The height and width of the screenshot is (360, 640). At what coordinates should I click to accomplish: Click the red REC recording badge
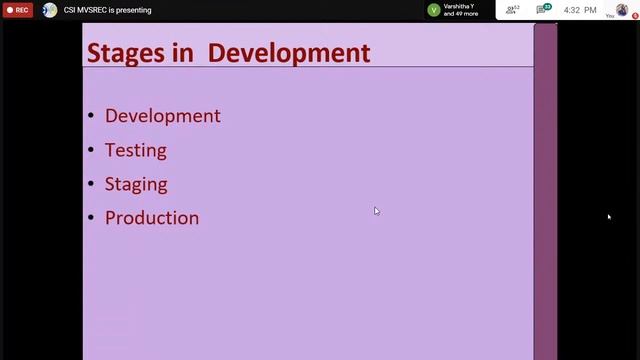pos(18,10)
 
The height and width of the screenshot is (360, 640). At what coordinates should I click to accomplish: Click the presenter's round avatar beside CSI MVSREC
pos(50,10)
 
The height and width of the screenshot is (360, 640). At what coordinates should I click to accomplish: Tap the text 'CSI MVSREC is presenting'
pos(107,10)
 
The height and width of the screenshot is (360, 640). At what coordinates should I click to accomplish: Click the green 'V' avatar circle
pos(433,10)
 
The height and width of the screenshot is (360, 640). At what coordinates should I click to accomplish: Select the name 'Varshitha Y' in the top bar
pos(459,6)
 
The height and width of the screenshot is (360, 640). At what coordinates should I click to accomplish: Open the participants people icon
pos(512,10)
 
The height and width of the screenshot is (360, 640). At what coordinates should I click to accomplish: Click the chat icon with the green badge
pos(543,10)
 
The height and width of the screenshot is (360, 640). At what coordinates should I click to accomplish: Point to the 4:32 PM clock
pos(580,10)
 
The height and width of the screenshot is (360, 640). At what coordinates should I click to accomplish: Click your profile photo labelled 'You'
pos(621,10)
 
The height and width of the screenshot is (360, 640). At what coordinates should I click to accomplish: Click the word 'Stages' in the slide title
pos(125,52)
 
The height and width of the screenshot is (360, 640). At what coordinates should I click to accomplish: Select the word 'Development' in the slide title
pos(289,52)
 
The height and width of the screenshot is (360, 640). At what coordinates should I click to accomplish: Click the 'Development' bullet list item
pos(162,116)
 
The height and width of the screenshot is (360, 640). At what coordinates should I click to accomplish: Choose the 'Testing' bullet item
pos(135,150)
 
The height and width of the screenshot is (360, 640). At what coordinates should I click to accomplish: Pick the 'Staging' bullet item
pos(135,184)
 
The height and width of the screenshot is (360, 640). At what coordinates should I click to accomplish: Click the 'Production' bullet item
pos(151,218)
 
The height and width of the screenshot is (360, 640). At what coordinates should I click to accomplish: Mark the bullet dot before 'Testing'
pos(91,150)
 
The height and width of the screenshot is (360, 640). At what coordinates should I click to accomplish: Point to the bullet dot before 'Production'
pos(91,218)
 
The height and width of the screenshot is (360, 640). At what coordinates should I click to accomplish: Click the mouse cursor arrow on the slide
pos(376,210)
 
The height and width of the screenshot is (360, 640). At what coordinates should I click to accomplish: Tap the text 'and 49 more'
pos(461,14)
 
